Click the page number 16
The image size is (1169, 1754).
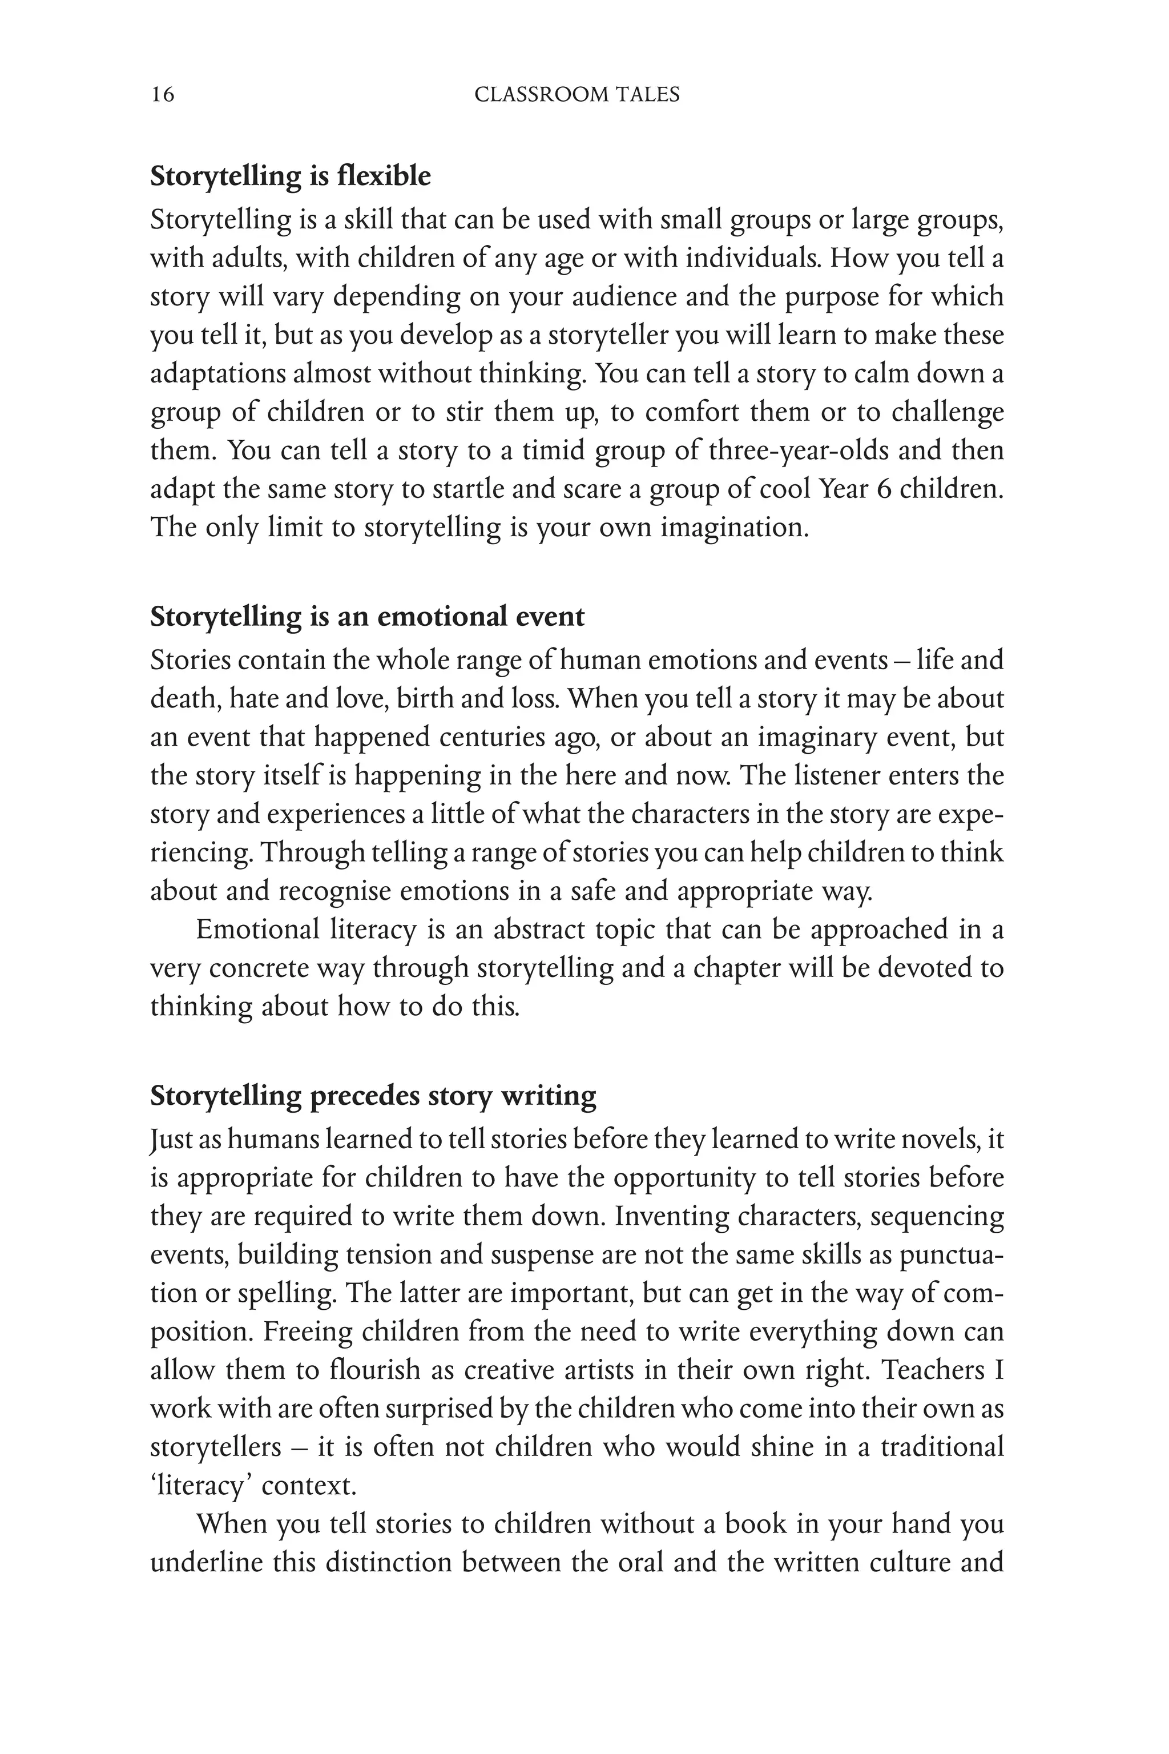click(163, 95)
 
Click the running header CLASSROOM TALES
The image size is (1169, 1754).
click(577, 95)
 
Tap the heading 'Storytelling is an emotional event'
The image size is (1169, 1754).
click(367, 617)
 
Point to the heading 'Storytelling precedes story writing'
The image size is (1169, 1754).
click(373, 1096)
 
